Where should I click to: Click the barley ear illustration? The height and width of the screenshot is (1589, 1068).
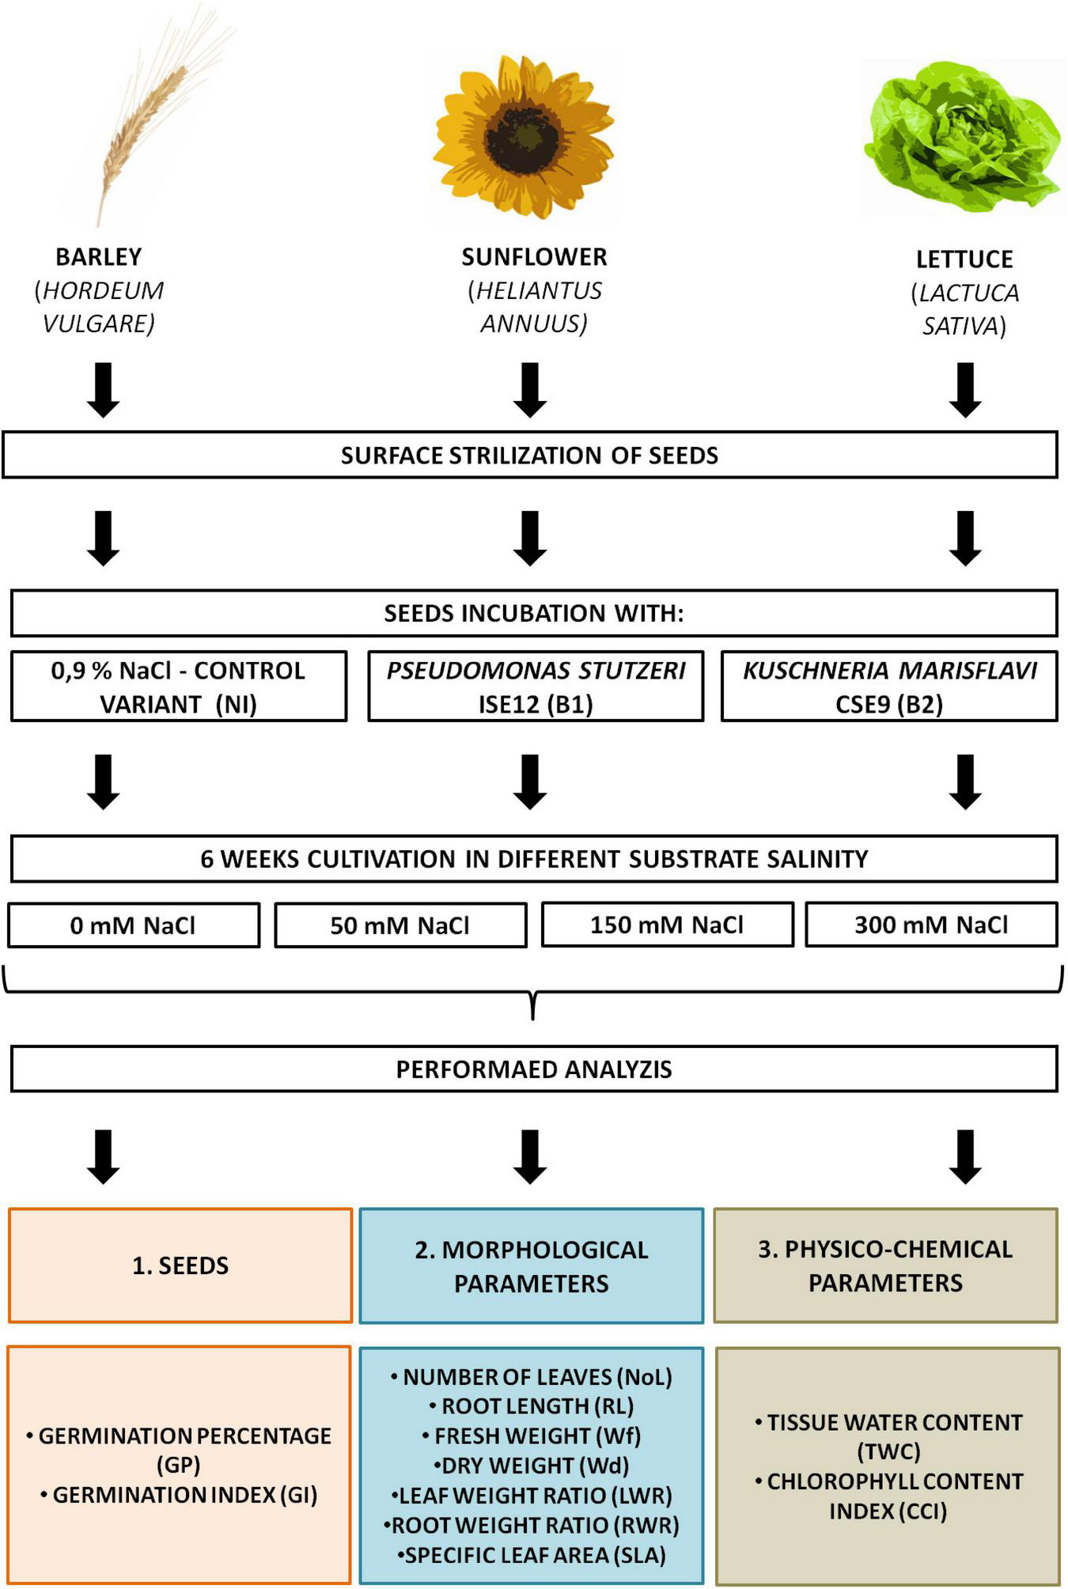(x=150, y=119)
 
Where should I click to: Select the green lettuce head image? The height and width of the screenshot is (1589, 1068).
(x=961, y=138)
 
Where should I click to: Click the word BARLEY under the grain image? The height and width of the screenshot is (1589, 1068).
(x=99, y=257)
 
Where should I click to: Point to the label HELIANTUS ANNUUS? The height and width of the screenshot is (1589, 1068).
(x=534, y=307)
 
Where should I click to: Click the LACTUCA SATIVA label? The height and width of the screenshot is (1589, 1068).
(x=964, y=309)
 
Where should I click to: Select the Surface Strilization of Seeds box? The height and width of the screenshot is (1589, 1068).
(x=529, y=455)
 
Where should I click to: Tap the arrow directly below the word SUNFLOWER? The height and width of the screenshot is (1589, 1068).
(x=530, y=389)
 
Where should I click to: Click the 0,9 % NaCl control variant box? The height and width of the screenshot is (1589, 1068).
(x=179, y=687)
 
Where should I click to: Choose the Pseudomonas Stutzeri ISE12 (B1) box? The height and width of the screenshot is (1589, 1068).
(x=536, y=687)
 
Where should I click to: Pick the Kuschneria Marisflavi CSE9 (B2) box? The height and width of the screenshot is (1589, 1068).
(x=889, y=687)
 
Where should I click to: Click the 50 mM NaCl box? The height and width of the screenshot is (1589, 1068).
(x=400, y=925)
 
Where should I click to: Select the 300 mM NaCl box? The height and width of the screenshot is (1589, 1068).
(x=931, y=925)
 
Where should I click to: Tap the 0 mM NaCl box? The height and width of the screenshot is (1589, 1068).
(x=133, y=925)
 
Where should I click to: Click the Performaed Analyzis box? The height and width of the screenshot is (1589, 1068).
(x=534, y=1069)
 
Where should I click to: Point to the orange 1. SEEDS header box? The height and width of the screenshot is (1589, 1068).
(x=180, y=1265)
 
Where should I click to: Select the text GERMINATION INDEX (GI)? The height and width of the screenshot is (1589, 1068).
(x=184, y=1494)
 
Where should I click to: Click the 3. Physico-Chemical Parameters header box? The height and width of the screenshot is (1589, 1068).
(x=885, y=1265)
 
